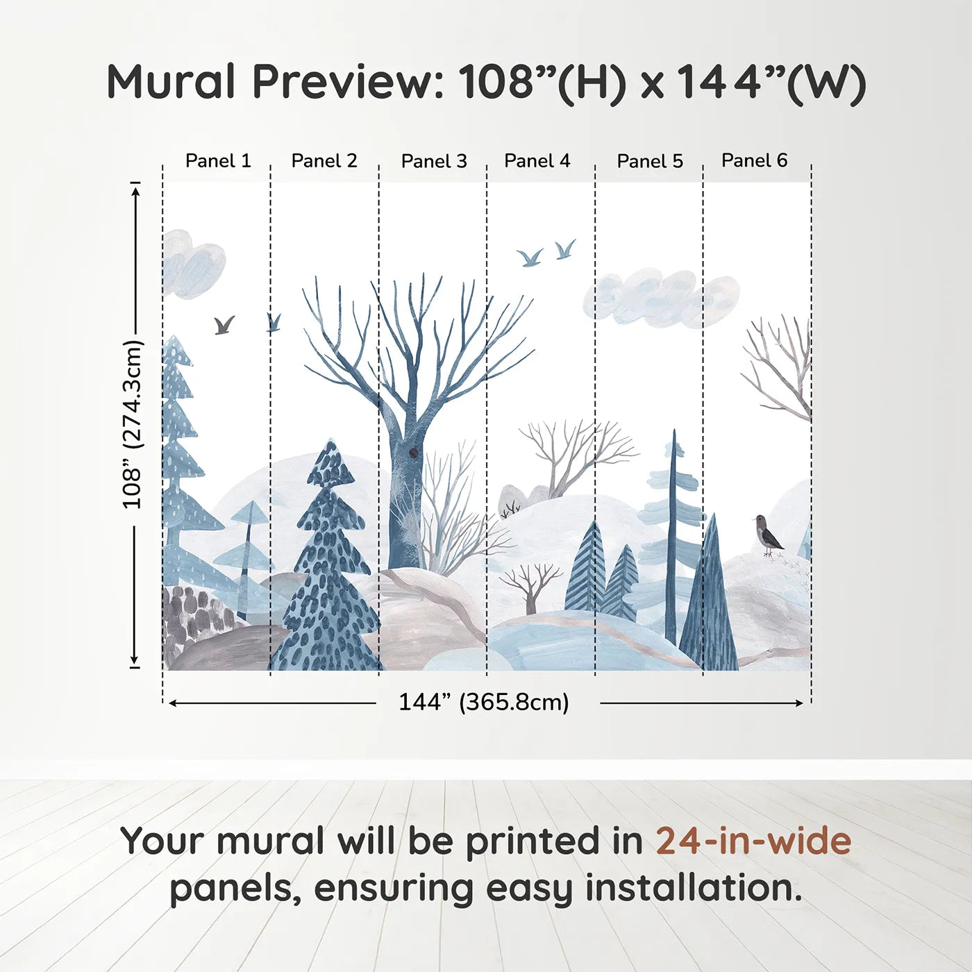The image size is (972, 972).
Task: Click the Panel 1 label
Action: tap(217, 161)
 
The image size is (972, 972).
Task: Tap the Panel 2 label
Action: tap(324, 161)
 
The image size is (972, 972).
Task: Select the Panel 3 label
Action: tap(434, 162)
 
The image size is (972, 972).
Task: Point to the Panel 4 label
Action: tap(537, 161)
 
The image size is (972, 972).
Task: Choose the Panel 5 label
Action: tap(650, 162)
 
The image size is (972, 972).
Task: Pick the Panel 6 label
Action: tap(754, 161)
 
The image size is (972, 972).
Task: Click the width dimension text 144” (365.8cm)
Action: tap(483, 703)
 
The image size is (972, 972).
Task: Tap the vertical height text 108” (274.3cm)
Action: tap(132, 424)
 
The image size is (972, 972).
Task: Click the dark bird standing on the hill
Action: tap(767, 535)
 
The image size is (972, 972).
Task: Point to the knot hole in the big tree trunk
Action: tap(414, 453)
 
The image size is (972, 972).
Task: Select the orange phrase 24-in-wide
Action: tap(753, 841)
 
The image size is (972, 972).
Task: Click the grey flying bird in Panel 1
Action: tap(224, 324)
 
